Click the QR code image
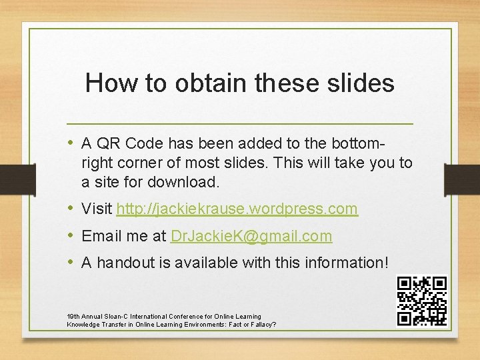421,301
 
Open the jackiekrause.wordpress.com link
237,209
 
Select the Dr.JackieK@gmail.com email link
251,236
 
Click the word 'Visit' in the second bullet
97,209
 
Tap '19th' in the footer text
74,317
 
